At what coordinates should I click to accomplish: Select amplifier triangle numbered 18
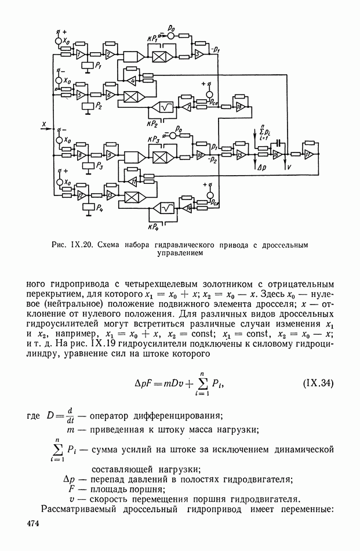click(x=239, y=104)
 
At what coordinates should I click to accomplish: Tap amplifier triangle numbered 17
click(x=308, y=154)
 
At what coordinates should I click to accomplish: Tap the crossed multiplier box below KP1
click(x=159, y=56)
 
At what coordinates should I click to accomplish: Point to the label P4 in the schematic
click(x=99, y=207)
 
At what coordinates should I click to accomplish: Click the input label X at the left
click(x=43, y=123)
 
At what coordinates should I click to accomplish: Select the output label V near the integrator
click(x=288, y=166)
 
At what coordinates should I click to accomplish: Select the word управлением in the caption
click(x=180, y=253)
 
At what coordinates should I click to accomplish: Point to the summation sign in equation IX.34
click(x=217, y=385)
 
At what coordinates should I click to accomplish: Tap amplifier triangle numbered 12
click(x=82, y=195)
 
